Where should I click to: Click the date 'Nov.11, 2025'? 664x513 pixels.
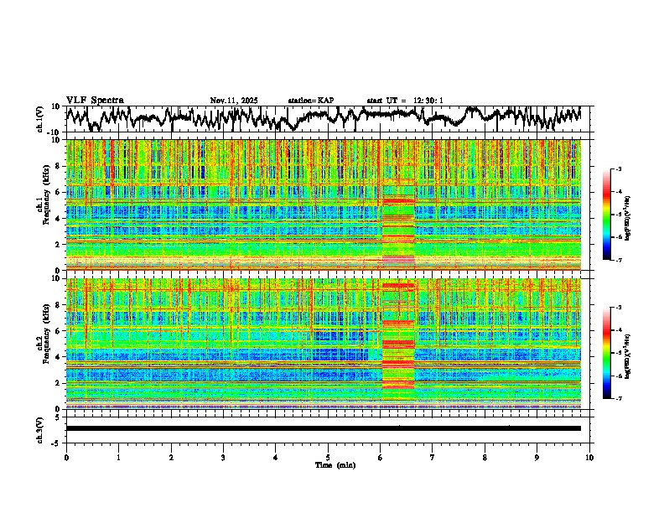pyautogui.click(x=234, y=101)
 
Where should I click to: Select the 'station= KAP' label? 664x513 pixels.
pyautogui.click(x=310, y=101)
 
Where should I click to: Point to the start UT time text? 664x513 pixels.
pyautogui.click(x=405, y=101)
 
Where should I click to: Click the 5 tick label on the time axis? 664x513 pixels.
pyautogui.click(x=328, y=457)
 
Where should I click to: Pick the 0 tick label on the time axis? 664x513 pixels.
pyautogui.click(x=66, y=457)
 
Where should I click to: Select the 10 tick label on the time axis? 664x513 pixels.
pyautogui.click(x=589, y=457)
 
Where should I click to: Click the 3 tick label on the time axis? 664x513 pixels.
pyautogui.click(x=223, y=457)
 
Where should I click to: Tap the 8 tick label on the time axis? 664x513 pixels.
pyautogui.click(x=485, y=457)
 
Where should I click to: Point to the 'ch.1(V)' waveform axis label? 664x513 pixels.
pyautogui.click(x=40, y=119)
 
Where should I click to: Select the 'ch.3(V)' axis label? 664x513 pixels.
pyautogui.click(x=40, y=428)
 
